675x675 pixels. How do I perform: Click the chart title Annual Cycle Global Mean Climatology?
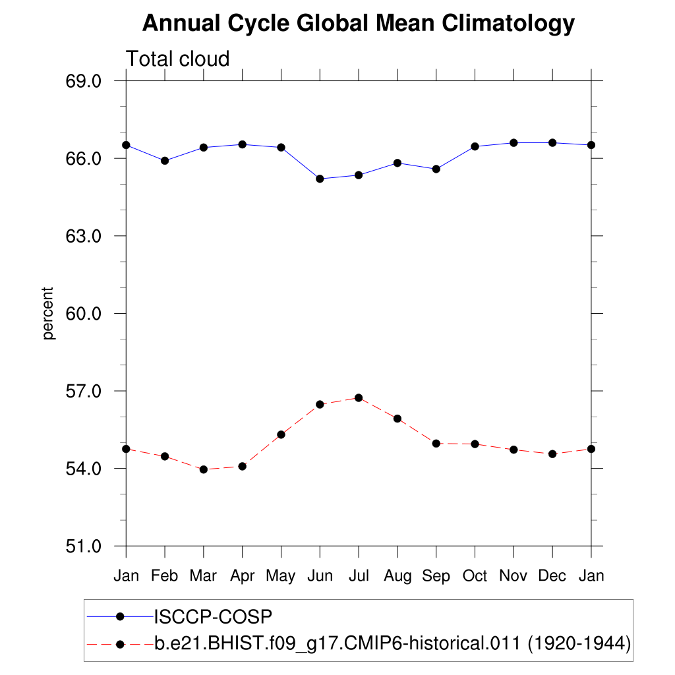pyautogui.click(x=359, y=24)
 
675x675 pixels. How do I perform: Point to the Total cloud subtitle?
pyautogui.click(x=177, y=59)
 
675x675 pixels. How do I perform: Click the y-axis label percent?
pyautogui.click(x=48, y=313)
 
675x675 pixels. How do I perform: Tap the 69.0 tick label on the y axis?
pyautogui.click(x=82, y=81)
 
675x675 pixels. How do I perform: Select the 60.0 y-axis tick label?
pyautogui.click(x=82, y=314)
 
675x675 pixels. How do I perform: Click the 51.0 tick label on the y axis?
pyautogui.click(x=82, y=546)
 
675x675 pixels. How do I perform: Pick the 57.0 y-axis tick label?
pyautogui.click(x=82, y=392)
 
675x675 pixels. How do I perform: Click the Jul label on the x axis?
pyautogui.click(x=358, y=575)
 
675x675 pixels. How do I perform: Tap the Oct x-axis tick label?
pyautogui.click(x=475, y=575)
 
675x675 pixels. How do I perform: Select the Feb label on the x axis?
pyautogui.click(x=164, y=575)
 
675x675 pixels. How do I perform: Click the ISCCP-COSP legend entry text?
pyautogui.click(x=213, y=616)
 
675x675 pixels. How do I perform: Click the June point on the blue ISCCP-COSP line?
pyautogui.click(x=320, y=179)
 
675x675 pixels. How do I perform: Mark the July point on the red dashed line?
pyautogui.click(x=359, y=397)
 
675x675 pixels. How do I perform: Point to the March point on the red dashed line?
pyautogui.click(x=204, y=469)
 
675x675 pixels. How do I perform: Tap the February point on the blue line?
pyautogui.click(x=165, y=161)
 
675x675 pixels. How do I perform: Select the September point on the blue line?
pyautogui.click(x=436, y=169)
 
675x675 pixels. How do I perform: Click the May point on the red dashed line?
pyautogui.click(x=281, y=434)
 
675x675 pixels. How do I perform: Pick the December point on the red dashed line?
pyautogui.click(x=552, y=454)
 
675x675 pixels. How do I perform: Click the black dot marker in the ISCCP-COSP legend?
pyautogui.click(x=120, y=616)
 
